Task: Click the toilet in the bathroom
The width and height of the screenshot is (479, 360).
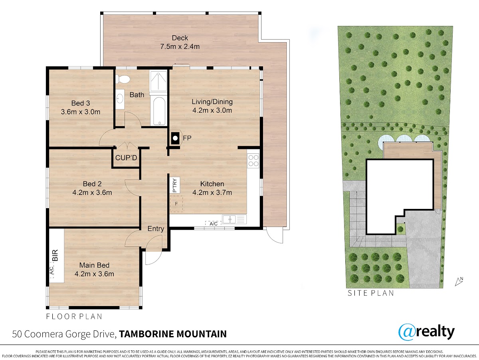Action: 123,79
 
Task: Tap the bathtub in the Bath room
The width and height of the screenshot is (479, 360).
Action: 159,111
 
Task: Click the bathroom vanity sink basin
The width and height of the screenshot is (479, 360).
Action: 120,99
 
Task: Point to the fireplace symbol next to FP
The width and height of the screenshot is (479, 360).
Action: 175,138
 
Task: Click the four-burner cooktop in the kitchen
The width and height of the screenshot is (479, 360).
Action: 253,161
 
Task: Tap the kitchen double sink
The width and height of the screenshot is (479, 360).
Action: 229,219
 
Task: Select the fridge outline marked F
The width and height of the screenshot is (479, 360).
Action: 176,204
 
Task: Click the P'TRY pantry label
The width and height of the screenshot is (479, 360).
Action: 175,185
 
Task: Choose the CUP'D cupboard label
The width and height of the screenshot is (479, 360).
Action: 126,158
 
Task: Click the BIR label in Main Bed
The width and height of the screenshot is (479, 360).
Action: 55,255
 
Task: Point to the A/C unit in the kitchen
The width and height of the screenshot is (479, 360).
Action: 214,223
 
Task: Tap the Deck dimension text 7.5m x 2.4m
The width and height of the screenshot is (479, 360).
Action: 180,46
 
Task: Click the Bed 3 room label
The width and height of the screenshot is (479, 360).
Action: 81,103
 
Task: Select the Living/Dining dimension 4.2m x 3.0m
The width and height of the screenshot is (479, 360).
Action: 212,110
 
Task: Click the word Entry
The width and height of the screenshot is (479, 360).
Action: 156,229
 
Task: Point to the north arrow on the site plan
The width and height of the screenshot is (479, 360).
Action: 459,282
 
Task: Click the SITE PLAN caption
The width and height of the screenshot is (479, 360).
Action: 371,293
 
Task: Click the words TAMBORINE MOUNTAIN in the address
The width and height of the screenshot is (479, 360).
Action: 173,334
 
